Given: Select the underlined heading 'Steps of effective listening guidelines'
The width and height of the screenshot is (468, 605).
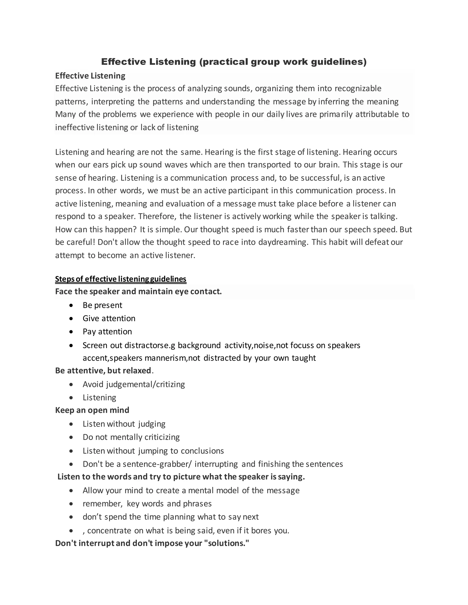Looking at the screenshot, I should click(x=121, y=279).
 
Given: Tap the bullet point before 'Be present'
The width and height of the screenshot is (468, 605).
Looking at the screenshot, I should click(x=71, y=305).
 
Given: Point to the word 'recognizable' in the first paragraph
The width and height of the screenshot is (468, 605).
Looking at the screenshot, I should click(x=358, y=88).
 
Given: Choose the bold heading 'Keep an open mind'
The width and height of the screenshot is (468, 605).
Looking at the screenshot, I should click(x=92, y=410).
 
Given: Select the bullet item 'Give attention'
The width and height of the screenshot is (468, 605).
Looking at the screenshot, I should click(x=109, y=318).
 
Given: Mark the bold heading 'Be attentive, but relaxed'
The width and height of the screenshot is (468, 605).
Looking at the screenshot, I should click(x=103, y=370).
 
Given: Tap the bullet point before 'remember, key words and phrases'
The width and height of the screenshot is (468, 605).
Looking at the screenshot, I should click(x=71, y=504).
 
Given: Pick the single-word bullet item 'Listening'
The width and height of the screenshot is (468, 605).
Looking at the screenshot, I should click(x=99, y=397).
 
